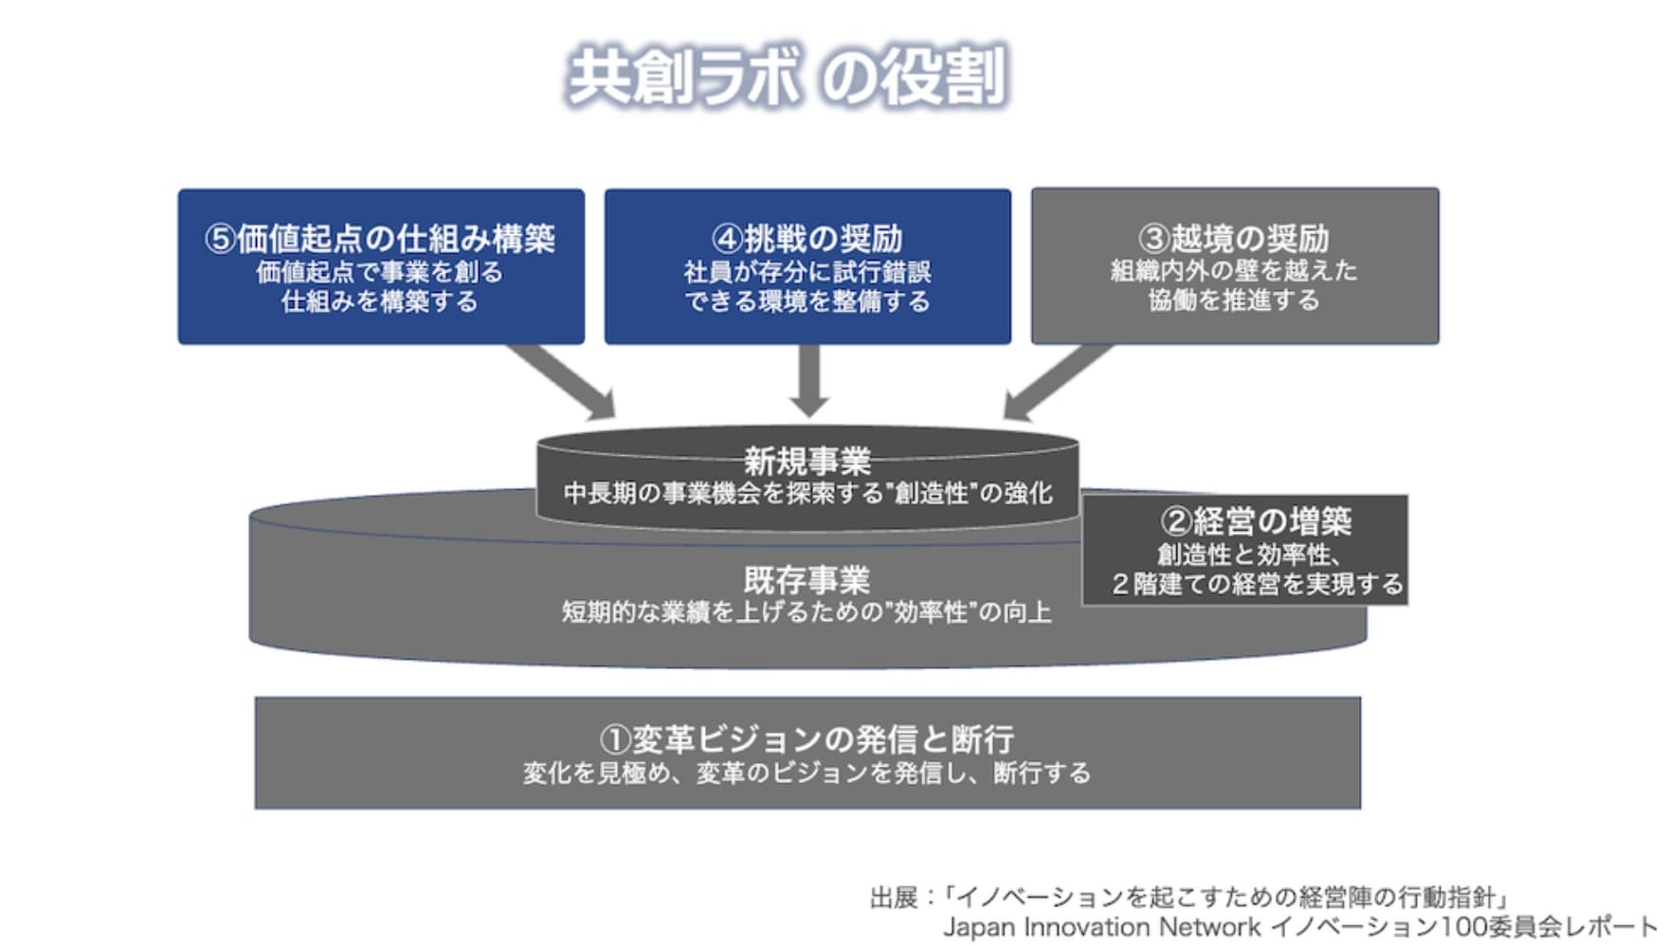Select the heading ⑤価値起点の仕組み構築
click(380, 238)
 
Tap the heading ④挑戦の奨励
click(807, 238)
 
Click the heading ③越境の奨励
click(1234, 238)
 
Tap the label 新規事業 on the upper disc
click(807, 462)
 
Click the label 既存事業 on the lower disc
click(807, 579)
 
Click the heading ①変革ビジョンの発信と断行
click(807, 738)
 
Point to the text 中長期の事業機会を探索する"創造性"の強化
click(807, 494)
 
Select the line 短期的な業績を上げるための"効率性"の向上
click(807, 612)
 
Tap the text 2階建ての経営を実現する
click(1257, 584)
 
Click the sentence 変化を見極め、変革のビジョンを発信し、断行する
click(807, 773)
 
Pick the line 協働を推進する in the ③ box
click(1234, 300)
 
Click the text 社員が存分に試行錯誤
click(807, 273)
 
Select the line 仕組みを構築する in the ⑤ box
click(380, 302)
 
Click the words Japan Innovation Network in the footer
click(1101, 927)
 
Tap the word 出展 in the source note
click(894, 897)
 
